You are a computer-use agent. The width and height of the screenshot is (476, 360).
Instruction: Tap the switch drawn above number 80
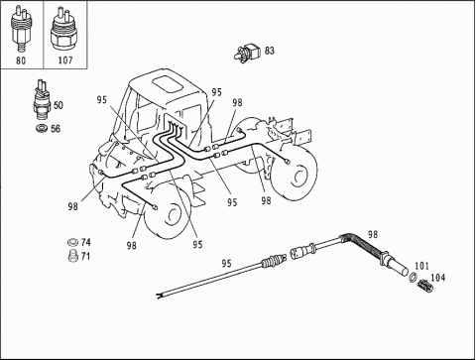[x=21, y=28]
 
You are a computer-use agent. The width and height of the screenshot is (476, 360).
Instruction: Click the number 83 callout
[x=270, y=49]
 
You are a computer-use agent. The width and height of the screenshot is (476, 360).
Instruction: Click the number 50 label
[x=58, y=105]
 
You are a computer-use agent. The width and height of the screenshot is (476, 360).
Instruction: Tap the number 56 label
[x=57, y=129]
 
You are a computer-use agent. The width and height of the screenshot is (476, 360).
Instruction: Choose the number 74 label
[x=86, y=242]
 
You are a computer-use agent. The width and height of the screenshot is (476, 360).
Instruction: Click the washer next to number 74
[x=70, y=243]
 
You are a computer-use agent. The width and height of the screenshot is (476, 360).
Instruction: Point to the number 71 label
[x=86, y=256]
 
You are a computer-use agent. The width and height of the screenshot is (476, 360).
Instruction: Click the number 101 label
[x=421, y=266]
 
